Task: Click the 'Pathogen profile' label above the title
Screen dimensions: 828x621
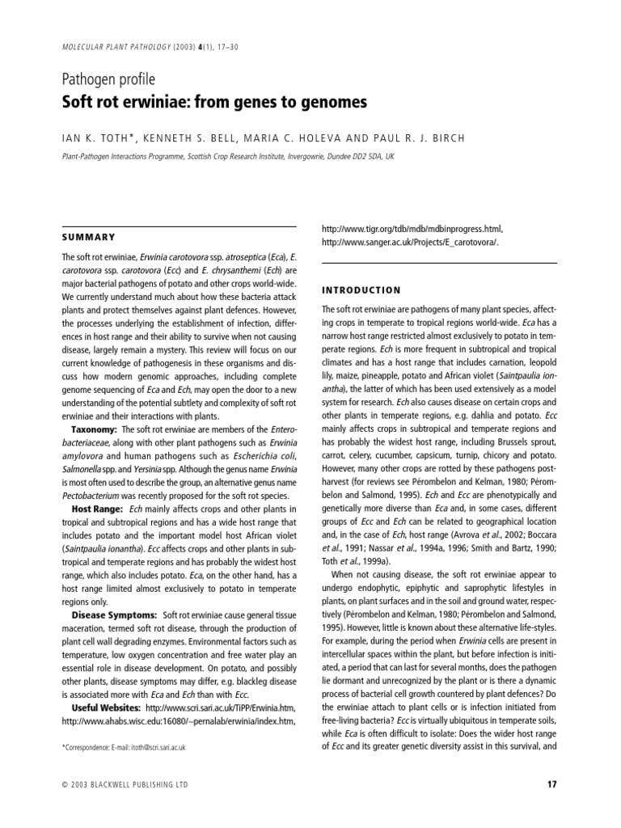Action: (108, 79)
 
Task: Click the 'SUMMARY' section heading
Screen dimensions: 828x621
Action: (89, 237)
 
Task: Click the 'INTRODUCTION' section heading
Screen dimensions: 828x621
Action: (361, 289)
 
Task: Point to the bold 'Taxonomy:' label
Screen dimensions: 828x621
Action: (95, 429)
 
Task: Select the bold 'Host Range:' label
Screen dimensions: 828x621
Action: (97, 509)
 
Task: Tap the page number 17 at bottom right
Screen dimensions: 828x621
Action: (551, 784)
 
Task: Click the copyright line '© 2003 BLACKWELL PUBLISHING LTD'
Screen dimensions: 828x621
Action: (125, 784)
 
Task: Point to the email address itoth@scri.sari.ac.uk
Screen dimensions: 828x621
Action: (158, 748)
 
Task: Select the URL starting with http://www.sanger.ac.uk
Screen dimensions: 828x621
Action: (410, 242)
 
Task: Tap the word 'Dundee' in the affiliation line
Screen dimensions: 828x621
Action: (340, 157)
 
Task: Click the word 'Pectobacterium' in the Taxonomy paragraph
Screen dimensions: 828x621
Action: (95, 496)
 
